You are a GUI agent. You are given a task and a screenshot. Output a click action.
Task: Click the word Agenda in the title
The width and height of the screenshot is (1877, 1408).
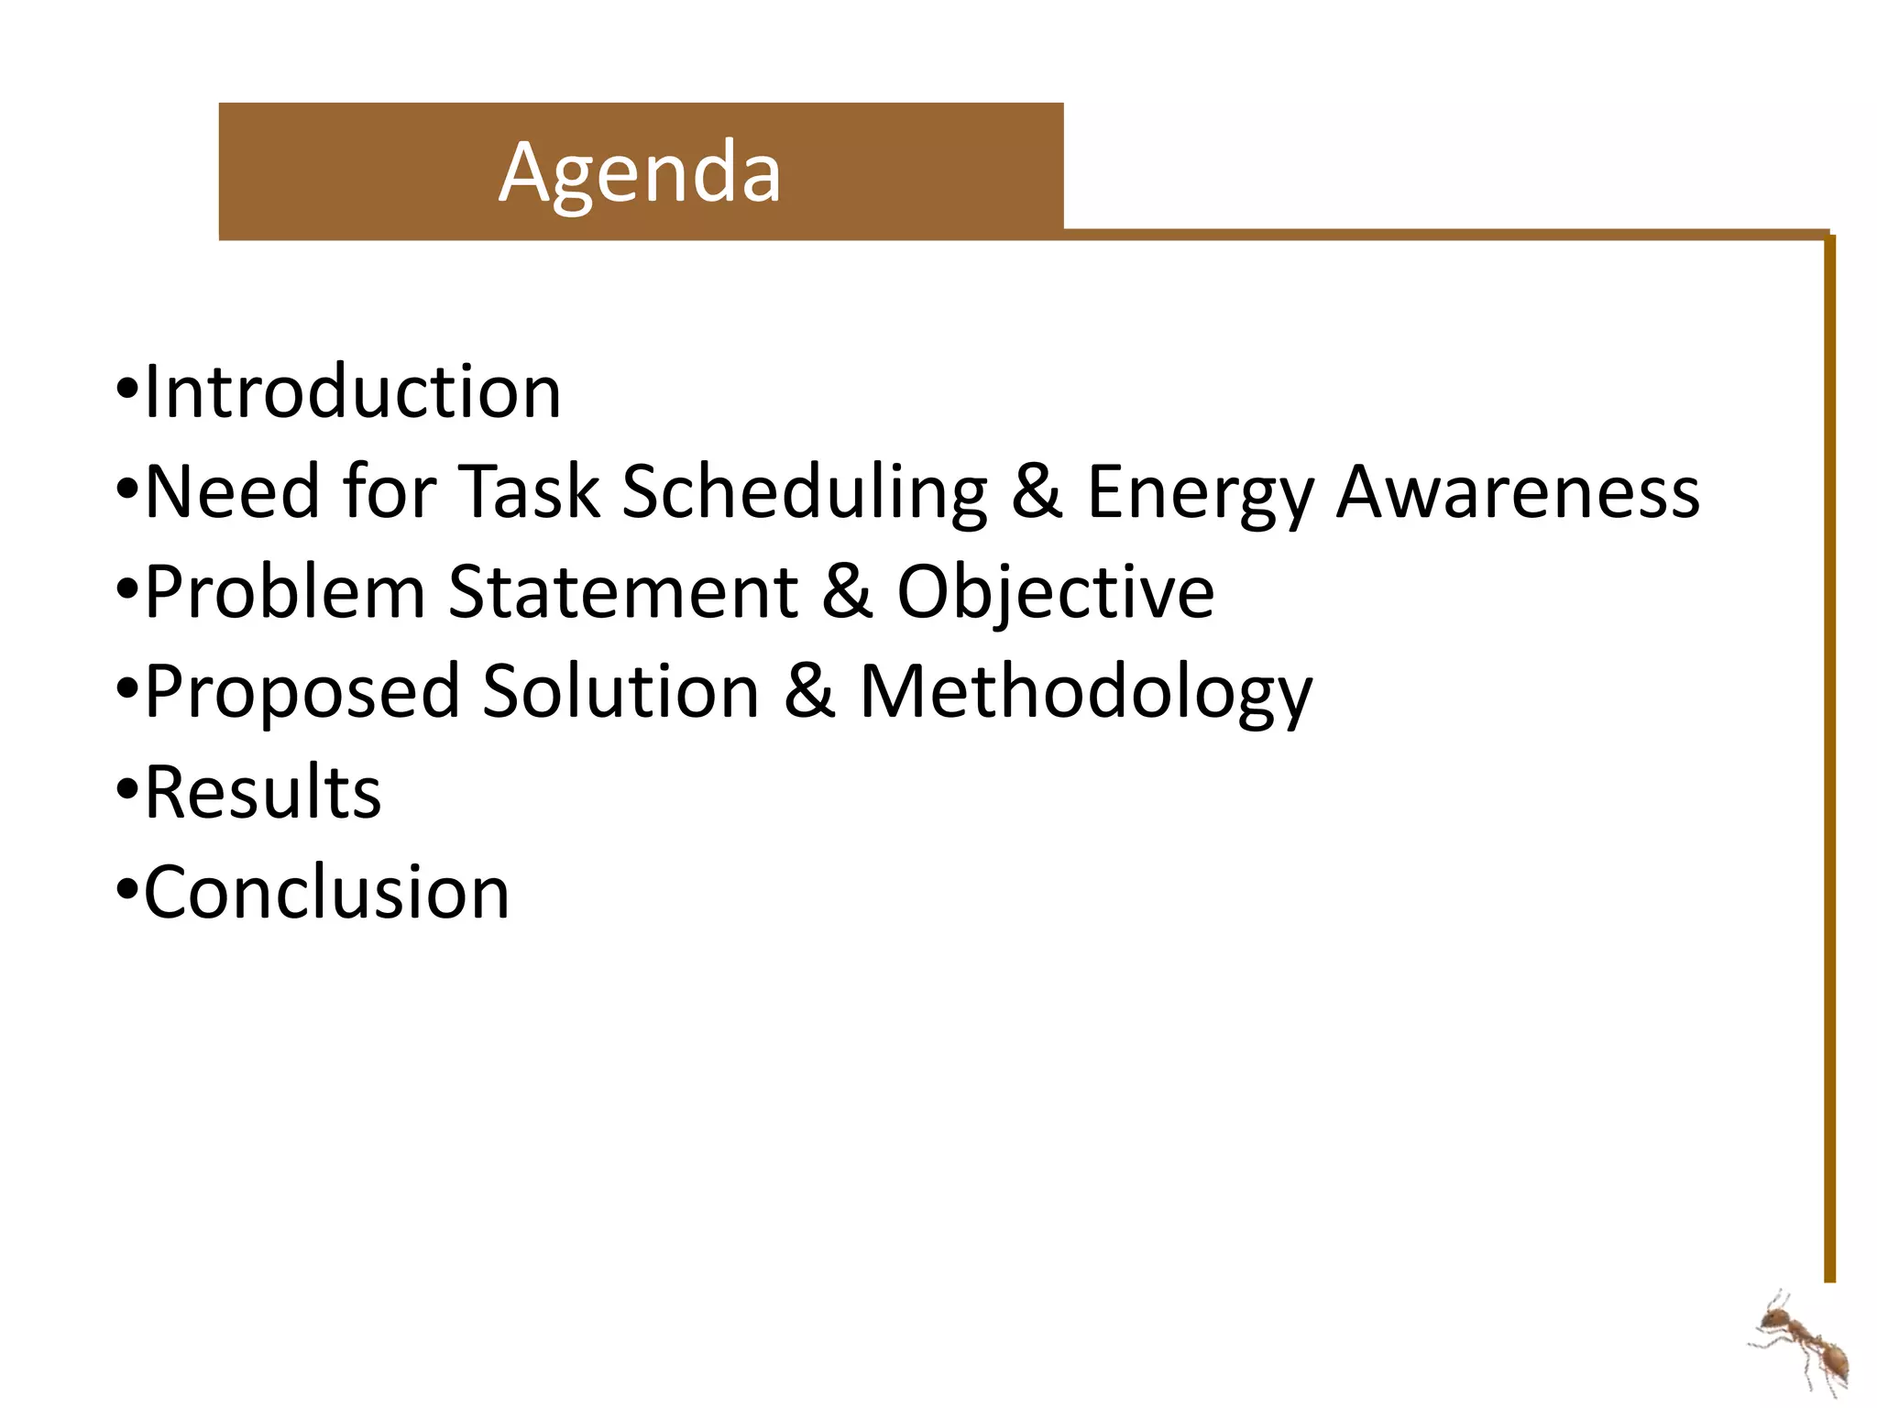[640, 172]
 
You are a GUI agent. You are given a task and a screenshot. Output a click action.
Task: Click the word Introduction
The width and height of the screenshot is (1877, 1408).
[353, 392]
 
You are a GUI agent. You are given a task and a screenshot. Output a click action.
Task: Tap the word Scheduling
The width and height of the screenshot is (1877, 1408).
[805, 492]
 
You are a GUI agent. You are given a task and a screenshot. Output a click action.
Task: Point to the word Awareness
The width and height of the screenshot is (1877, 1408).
[1518, 492]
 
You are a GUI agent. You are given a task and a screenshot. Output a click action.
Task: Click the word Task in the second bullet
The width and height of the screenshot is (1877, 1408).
[529, 492]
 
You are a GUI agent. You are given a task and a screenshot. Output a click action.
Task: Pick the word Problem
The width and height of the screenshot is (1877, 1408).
[285, 592]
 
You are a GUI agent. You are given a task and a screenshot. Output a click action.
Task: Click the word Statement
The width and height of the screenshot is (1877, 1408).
[624, 592]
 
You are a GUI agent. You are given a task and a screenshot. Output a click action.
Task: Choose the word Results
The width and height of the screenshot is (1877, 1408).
[263, 792]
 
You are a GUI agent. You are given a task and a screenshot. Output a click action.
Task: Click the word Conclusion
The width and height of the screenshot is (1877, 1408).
[327, 892]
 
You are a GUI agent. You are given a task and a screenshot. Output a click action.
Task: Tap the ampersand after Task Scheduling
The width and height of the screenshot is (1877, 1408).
[1037, 492]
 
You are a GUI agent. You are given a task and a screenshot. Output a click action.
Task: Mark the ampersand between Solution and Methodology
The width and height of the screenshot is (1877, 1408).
[809, 691]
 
